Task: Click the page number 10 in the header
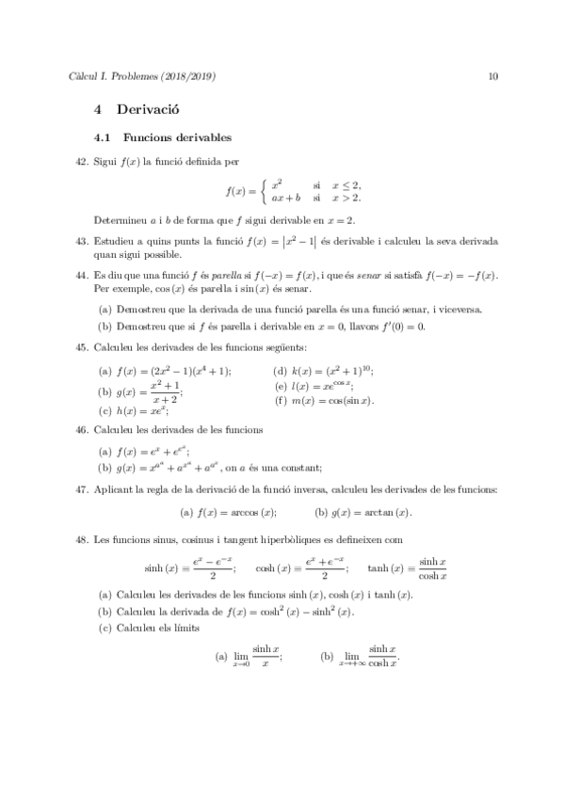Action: (x=492, y=76)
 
